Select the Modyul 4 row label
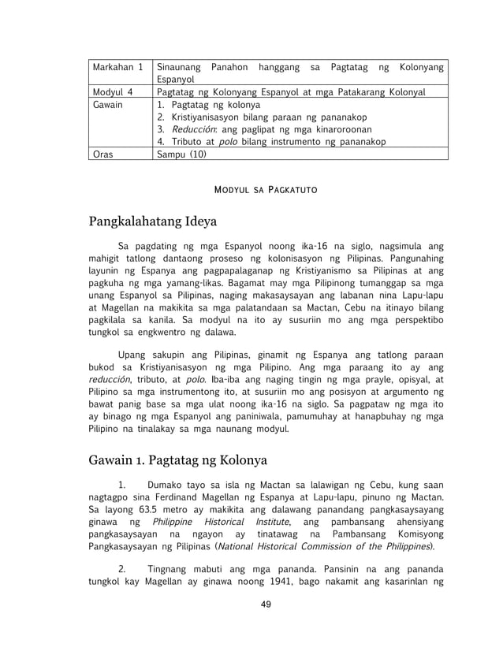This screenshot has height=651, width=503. coord(112,92)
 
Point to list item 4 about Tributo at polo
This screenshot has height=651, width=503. coord(271,142)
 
